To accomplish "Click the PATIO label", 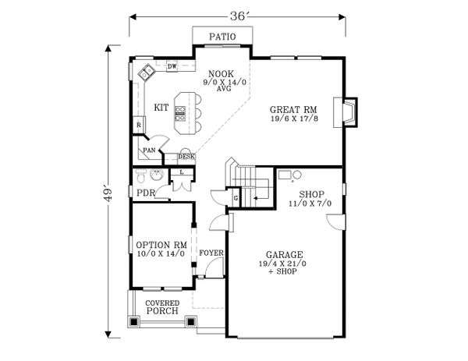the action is pyautogui.click(x=222, y=37).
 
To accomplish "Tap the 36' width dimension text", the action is pyautogui.click(x=238, y=16).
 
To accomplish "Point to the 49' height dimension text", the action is pyautogui.click(x=108, y=194).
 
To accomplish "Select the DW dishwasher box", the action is pyautogui.click(x=172, y=66).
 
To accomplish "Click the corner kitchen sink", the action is pyautogui.click(x=147, y=73).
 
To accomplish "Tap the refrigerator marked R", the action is pyautogui.click(x=139, y=125).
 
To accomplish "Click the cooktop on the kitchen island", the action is pyautogui.click(x=180, y=114).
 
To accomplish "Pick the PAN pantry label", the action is pyautogui.click(x=149, y=150).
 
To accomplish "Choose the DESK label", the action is pyautogui.click(x=186, y=157).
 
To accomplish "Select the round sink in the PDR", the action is pyautogui.click(x=157, y=175).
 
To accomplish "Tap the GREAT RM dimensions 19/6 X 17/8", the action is pyautogui.click(x=294, y=119).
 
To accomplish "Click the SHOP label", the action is pyautogui.click(x=311, y=194).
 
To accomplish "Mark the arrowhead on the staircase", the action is pyautogui.click(x=255, y=198).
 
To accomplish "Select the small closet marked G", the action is pyautogui.click(x=236, y=197).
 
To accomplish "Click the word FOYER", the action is pyautogui.click(x=211, y=253).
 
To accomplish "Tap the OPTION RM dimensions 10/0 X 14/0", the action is pyautogui.click(x=161, y=254).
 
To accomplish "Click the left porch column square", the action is pyautogui.click(x=134, y=321).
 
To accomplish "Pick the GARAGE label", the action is pyautogui.click(x=285, y=255).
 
